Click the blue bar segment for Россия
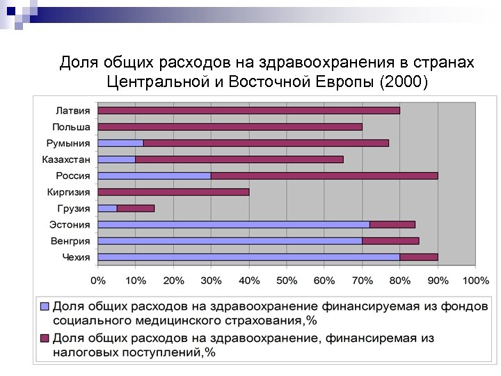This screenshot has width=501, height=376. pyautogui.click(x=154, y=175)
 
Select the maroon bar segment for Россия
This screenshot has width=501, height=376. pyautogui.click(x=324, y=175)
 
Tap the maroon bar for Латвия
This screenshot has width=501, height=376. pyautogui.click(x=249, y=110)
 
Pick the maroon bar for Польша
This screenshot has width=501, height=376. pyautogui.click(x=230, y=127)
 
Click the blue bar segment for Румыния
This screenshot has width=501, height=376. pyautogui.click(x=120, y=143)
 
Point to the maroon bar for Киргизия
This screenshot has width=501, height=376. pyautogui.click(x=173, y=191)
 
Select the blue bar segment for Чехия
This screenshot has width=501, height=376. pyautogui.click(x=248, y=257)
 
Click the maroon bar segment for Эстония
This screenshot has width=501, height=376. pyautogui.click(x=392, y=224)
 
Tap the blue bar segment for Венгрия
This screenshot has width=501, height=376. pyautogui.click(x=230, y=241)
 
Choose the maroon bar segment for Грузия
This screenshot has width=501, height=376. pyautogui.click(x=136, y=208)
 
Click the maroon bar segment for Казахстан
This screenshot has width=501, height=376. pyautogui.click(x=239, y=159)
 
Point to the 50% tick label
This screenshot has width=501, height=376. pyautogui.click(x=287, y=280)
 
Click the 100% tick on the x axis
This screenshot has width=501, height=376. pyautogui.click(x=475, y=280)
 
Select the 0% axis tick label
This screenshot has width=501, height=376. pyautogui.click(x=98, y=280)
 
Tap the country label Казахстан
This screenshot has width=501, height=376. pyautogui.click(x=66, y=159)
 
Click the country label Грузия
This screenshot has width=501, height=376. pyautogui.click(x=74, y=208)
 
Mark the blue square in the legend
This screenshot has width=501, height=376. pyautogui.click(x=45, y=306)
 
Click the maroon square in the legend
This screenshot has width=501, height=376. pyautogui.click(x=45, y=338)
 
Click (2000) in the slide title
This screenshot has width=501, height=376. pyautogui.click(x=403, y=81)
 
